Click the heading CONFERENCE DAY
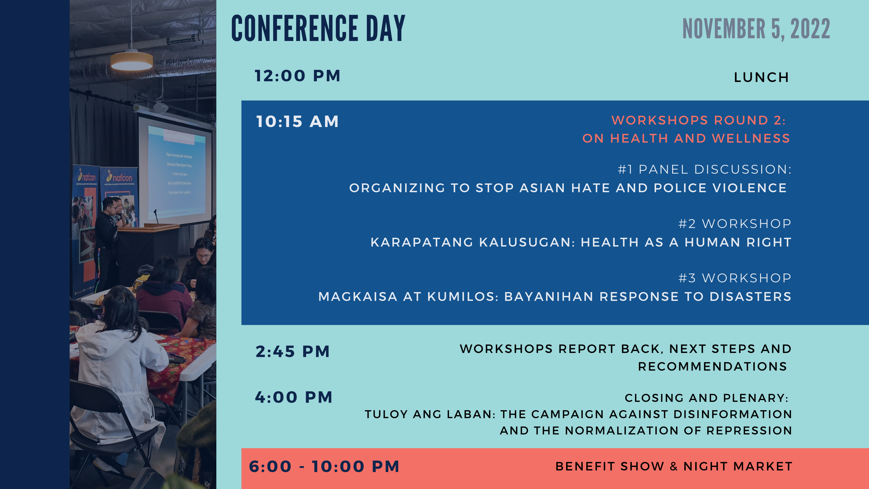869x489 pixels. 318,29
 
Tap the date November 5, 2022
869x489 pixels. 756,29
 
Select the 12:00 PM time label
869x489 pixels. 297,76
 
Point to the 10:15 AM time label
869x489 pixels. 297,122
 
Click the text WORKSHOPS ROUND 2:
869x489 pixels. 699,120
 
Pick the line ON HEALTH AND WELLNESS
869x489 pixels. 686,138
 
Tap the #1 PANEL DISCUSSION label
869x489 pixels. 704,169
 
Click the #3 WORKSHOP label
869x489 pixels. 735,278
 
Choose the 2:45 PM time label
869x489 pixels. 292,352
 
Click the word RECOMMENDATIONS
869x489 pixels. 712,367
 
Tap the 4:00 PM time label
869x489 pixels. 294,397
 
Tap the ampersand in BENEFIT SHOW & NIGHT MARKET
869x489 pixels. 674,466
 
